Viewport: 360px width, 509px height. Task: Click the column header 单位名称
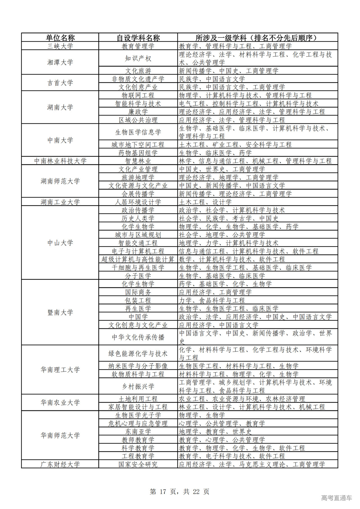(60, 38)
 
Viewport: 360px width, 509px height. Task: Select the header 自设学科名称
(138, 38)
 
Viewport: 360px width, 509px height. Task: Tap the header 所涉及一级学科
(257, 38)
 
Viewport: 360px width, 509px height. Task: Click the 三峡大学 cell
(60, 46)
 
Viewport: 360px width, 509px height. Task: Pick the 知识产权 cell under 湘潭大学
(138, 58)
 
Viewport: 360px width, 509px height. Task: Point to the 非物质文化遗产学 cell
(138, 79)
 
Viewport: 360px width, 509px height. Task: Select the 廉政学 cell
(138, 112)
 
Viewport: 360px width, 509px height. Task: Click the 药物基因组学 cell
(138, 153)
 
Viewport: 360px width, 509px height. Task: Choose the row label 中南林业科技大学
(60, 161)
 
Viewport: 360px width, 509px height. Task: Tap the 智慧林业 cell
(138, 161)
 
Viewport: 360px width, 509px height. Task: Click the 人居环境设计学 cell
(138, 202)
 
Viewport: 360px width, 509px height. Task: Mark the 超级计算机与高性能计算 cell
(138, 259)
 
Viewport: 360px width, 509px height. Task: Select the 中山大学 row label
(60, 243)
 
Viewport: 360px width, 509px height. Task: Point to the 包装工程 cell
(138, 300)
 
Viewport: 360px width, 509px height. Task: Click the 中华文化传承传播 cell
(138, 337)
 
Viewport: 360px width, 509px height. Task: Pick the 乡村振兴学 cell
(138, 386)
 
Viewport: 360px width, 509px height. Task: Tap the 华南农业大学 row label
(60, 403)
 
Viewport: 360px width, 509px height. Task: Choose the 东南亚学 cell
(138, 431)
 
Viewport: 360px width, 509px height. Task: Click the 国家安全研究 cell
(138, 464)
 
